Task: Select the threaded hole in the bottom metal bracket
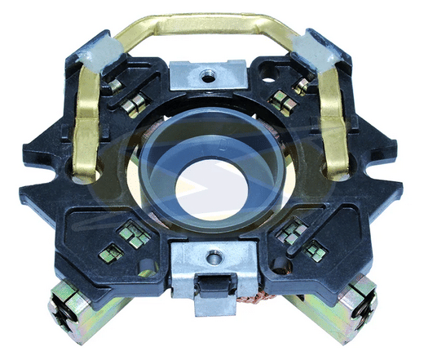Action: click(x=214, y=257)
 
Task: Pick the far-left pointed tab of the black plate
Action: click(x=24, y=194)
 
